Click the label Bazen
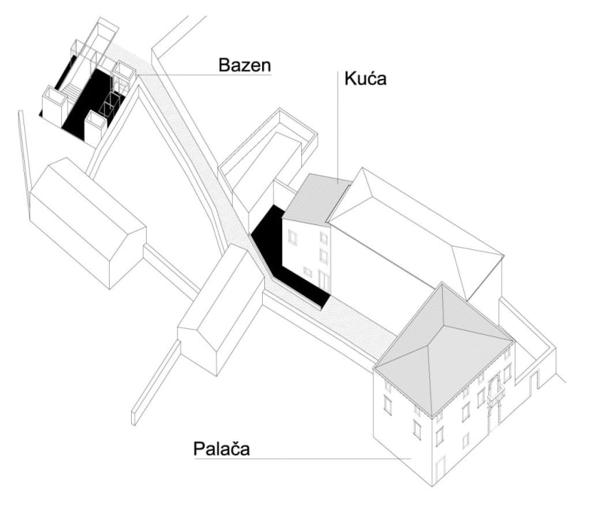pos(245,65)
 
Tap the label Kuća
pos(365,78)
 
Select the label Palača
pos(221,449)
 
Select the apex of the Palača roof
pos(442,284)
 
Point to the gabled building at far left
pos(88,222)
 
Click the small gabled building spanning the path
pos(221,309)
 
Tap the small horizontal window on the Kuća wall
pos(308,271)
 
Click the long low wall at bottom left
pos(155,382)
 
